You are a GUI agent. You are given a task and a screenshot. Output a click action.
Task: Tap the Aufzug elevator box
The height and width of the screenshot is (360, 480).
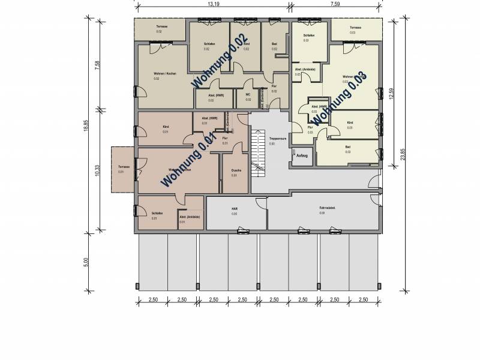click(x=301, y=156)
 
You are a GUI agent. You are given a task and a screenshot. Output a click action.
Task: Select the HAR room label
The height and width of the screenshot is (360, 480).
click(x=235, y=208)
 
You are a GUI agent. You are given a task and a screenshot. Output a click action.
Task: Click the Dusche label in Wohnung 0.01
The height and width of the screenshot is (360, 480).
click(x=235, y=170)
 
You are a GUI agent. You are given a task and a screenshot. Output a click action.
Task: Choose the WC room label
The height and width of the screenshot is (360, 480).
click(x=248, y=95)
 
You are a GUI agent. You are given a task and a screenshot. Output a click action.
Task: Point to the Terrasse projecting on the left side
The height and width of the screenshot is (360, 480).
click(x=124, y=170)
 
